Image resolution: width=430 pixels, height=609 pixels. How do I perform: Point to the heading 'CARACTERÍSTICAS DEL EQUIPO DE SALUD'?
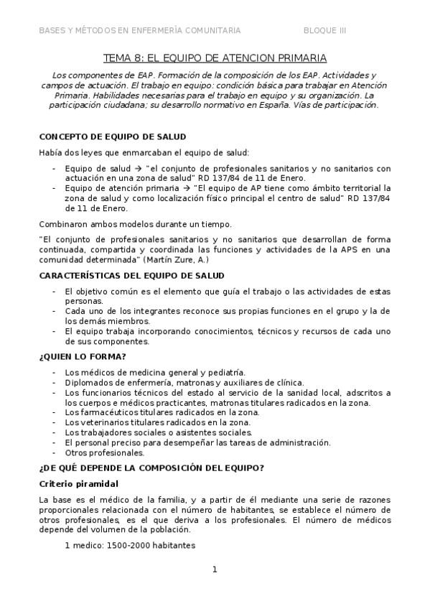tap(131, 276)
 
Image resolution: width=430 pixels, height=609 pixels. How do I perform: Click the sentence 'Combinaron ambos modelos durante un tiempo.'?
tap(136, 225)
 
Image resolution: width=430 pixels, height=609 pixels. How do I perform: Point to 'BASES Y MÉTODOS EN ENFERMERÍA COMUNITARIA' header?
tap(140, 30)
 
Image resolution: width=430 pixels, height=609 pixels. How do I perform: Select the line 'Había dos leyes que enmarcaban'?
tap(144, 152)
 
